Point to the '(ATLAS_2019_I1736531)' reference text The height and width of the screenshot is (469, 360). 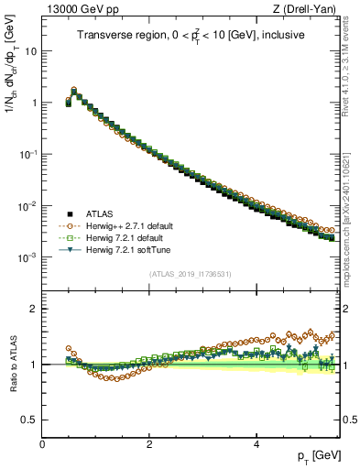[191, 274]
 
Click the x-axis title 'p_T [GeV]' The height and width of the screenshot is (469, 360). [319, 455]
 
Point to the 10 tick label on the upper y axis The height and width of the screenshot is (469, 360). [29, 51]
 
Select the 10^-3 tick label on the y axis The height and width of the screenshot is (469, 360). [27, 258]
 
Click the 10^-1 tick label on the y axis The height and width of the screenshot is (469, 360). [27, 155]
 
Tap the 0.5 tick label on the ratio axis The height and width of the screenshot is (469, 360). [27, 420]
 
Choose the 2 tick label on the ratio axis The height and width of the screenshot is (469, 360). [33, 309]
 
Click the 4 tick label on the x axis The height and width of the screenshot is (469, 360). [256, 443]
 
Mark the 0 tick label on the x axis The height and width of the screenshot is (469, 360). [42, 443]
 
